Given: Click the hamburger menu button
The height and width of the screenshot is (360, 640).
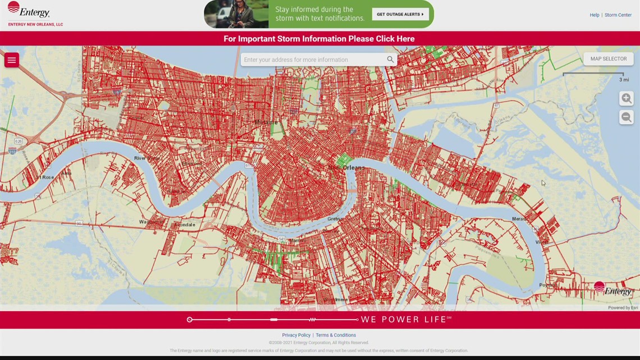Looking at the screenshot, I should point(12,60).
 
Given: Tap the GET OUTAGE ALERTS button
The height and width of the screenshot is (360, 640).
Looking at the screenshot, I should point(400,14).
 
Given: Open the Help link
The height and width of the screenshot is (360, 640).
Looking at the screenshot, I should point(594,15).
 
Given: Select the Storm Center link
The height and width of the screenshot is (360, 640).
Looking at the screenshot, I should point(618,15).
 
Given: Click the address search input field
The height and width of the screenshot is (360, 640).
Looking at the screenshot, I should point(312,60).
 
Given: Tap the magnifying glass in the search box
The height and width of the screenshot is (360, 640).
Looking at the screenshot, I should point(390,60).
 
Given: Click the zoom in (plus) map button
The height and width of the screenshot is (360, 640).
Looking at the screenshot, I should point(626,98).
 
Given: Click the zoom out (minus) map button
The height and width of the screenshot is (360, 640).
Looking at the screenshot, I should point(626,117).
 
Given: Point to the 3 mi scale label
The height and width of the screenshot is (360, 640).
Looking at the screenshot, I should point(624,80).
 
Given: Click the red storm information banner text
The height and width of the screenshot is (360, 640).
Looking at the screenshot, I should point(319,39).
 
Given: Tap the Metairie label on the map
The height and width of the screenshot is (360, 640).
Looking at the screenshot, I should point(266,122).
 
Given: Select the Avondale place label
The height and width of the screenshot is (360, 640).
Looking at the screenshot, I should point(184,225).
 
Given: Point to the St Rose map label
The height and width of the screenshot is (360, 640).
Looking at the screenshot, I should point(44,177).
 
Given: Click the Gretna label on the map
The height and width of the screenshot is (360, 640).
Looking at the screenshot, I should point(336,218).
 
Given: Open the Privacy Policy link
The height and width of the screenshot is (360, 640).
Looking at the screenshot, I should point(296,335).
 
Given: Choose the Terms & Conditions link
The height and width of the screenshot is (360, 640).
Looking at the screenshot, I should point(336,335).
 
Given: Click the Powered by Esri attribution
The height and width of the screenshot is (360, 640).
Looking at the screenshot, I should point(623,308).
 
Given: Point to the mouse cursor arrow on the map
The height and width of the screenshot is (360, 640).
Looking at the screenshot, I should point(543,183).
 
